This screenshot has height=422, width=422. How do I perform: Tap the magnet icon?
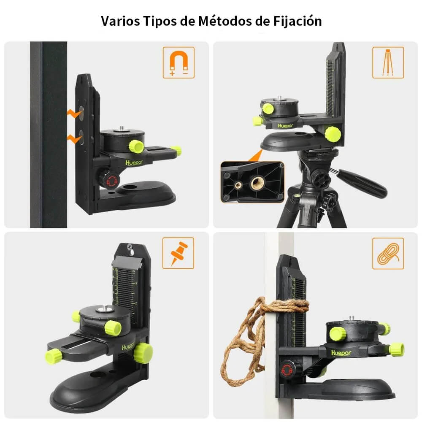click(179, 62)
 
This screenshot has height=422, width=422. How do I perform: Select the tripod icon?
click(388, 62)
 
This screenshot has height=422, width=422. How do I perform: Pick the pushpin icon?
click(179, 253)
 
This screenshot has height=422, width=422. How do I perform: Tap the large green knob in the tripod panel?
click(333, 134)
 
